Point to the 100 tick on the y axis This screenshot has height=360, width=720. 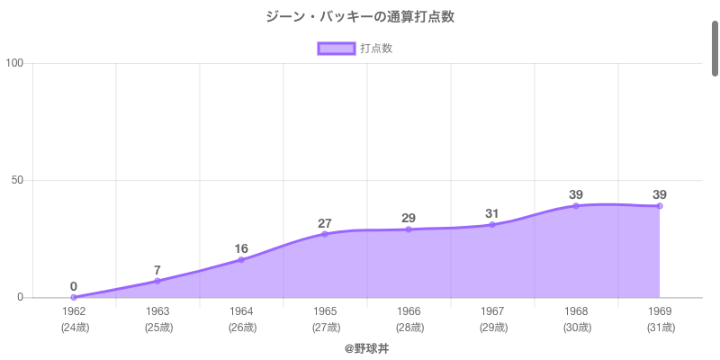[x=14, y=63]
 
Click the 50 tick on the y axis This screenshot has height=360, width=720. [x=17, y=180]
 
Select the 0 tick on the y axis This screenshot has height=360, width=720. [x=20, y=298]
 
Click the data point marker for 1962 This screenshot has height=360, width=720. [x=74, y=297]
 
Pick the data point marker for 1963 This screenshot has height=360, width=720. [x=157, y=281]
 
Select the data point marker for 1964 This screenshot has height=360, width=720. [x=241, y=259]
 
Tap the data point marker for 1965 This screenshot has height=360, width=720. [x=325, y=234]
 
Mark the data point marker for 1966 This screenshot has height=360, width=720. [x=409, y=229]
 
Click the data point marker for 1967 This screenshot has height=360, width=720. [x=492, y=224]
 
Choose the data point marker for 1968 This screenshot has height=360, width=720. [x=576, y=206]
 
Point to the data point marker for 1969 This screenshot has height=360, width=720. [x=660, y=206]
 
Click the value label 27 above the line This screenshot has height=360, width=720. [x=325, y=223]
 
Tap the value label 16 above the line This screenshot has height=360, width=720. [x=241, y=248]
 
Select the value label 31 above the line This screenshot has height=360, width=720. [x=492, y=213]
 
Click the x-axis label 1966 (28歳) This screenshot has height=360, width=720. [x=409, y=319]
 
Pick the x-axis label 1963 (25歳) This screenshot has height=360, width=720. [x=157, y=319]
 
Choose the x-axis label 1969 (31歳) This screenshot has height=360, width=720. [x=660, y=319]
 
